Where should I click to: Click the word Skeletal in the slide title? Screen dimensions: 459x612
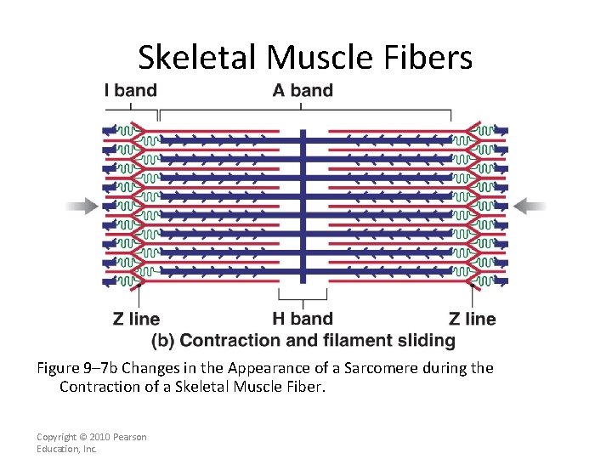point(198,57)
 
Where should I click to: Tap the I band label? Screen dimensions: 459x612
point(130,90)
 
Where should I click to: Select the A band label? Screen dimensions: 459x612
point(303,90)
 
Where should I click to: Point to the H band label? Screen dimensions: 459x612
point(303,319)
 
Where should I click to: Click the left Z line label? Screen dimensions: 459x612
point(136,319)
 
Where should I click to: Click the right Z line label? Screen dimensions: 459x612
point(472,319)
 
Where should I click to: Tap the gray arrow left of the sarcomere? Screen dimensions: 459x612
point(82,205)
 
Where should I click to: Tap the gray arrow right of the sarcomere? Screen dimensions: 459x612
point(530,205)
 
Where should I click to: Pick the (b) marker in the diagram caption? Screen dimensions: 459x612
point(163,341)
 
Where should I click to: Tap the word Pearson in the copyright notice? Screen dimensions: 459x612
point(129,437)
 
